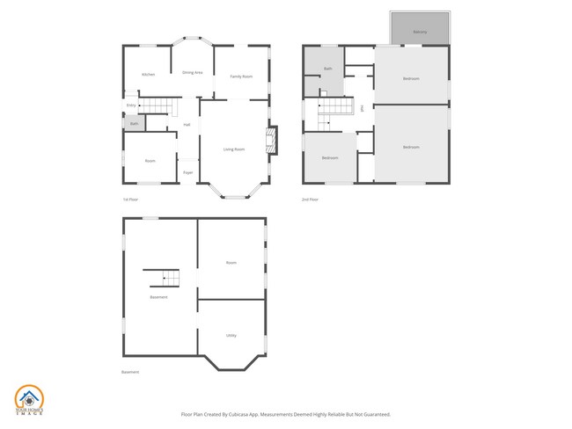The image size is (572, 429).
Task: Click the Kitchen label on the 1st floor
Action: (x=148, y=75)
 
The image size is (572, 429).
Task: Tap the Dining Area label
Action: (x=193, y=72)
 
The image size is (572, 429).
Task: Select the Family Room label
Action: (x=241, y=77)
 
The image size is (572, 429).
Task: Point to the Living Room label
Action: (x=233, y=149)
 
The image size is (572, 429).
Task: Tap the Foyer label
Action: (x=188, y=172)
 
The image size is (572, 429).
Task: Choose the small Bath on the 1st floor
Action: (x=134, y=124)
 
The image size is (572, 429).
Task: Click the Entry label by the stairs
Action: (x=131, y=105)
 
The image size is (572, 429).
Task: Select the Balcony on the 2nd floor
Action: (x=421, y=32)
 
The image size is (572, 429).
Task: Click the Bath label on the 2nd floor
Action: (x=327, y=69)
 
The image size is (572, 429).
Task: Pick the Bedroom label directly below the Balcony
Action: (x=411, y=79)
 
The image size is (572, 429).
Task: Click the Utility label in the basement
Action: (x=231, y=335)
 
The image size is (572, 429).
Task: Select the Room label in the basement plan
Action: (x=231, y=263)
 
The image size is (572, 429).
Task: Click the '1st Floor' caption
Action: (x=131, y=200)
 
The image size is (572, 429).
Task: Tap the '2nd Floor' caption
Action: (x=310, y=200)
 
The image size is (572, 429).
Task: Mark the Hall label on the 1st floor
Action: (x=187, y=125)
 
